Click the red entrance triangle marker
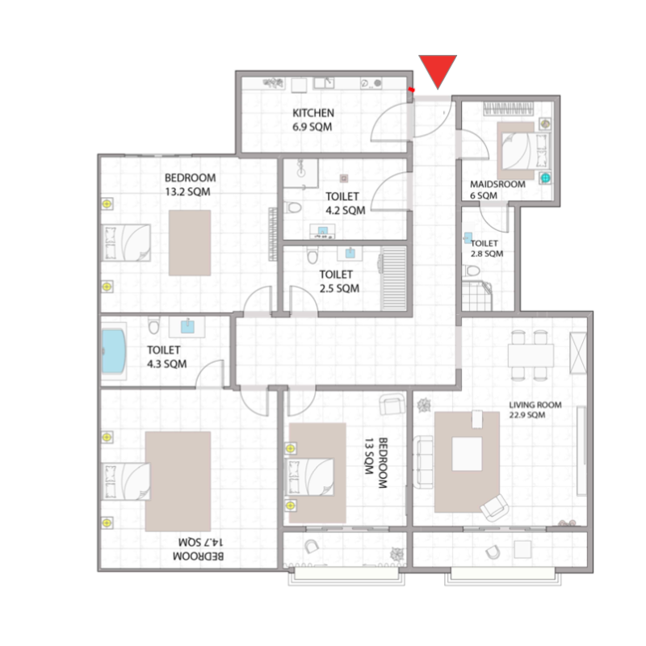tap(438, 69)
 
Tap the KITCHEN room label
tap(313, 113)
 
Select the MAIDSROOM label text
tap(497, 184)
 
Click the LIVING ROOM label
tap(535, 405)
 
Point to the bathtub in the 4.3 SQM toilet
tap(114, 352)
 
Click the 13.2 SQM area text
tap(188, 192)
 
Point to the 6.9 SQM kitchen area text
tap(313, 128)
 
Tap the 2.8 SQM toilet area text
tap(487, 254)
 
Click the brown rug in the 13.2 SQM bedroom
tap(190, 242)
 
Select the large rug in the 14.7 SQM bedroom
tap(178, 480)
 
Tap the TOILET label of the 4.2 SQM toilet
tap(342, 196)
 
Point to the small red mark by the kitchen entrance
tap(412, 90)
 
